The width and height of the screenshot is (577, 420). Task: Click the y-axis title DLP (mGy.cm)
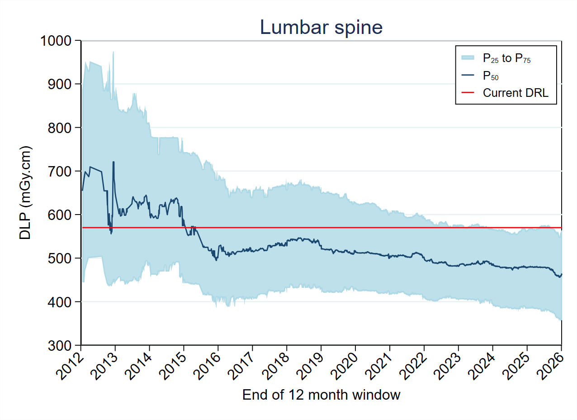[26, 193]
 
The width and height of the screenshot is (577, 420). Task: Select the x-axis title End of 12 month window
[321, 395]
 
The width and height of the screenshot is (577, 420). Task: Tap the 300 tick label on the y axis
[61, 345]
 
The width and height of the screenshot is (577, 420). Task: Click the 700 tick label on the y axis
[61, 171]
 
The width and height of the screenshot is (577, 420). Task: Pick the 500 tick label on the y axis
[61, 258]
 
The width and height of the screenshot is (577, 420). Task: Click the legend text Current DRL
[516, 93]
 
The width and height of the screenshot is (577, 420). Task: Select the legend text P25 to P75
[506, 58]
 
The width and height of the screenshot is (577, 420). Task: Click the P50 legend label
[491, 76]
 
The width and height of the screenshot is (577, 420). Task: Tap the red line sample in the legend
[468, 93]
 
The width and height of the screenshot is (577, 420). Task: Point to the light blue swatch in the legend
[468, 57]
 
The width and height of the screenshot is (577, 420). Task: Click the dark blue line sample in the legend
[468, 75]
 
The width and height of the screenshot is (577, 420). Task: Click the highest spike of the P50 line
[114, 162]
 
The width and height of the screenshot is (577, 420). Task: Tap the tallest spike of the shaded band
[113, 52]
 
